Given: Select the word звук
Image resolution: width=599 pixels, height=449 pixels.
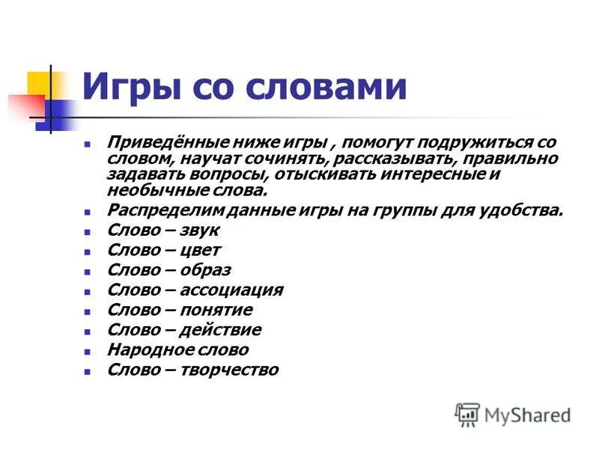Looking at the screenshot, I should tap(197, 230).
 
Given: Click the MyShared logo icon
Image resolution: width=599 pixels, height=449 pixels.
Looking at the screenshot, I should tap(467, 414).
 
